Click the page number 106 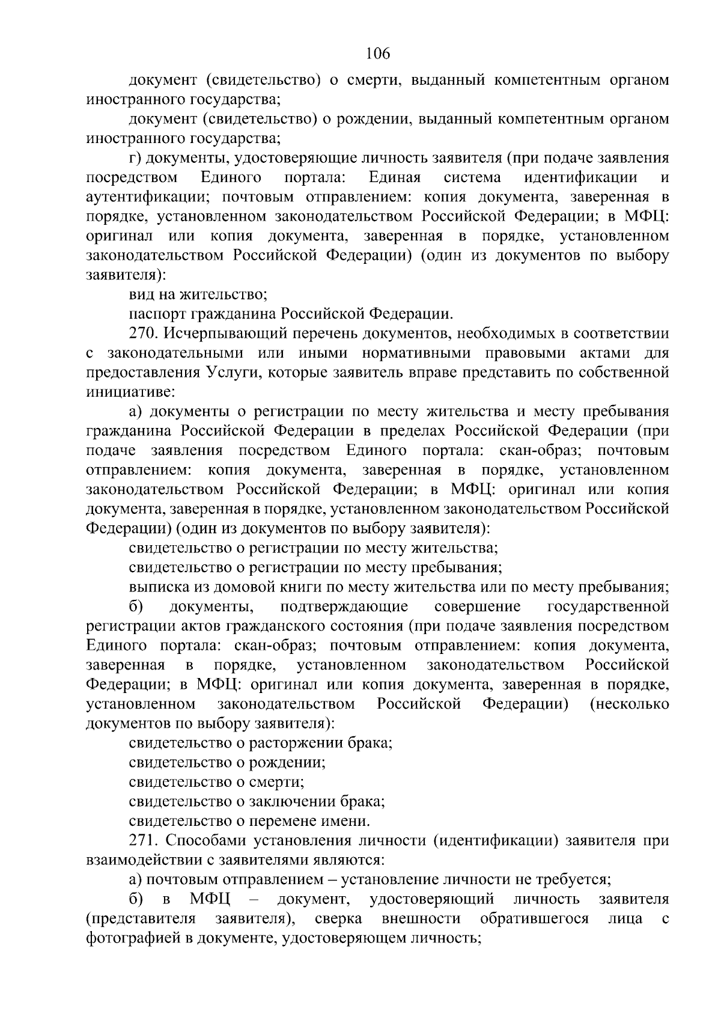click(378, 54)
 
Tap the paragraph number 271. click(144, 841)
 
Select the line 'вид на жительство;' click(198, 295)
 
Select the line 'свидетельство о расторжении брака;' click(260, 743)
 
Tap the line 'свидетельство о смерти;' click(216, 782)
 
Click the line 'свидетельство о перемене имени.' click(249, 821)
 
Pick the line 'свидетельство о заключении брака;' click(257, 802)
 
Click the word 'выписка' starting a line click(157, 587)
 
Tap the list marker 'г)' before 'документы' click(135, 158)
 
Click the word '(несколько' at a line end click(630, 704)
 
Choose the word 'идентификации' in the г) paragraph click(580, 178)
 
